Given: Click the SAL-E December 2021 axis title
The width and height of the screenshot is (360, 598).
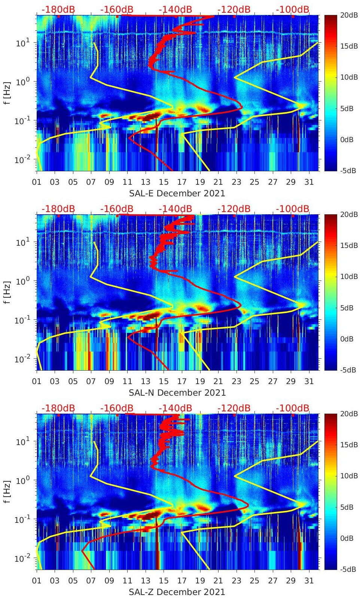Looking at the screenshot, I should (x=177, y=193).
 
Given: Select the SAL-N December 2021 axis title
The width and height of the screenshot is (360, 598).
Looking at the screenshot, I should (x=177, y=393).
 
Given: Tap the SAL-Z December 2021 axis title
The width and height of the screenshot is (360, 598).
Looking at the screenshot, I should (x=177, y=592).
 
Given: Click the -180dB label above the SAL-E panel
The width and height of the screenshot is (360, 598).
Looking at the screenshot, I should (x=58, y=9).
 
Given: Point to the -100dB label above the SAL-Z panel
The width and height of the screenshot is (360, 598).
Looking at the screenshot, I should (x=293, y=408).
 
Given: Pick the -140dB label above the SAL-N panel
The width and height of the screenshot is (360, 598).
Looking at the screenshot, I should (x=175, y=209).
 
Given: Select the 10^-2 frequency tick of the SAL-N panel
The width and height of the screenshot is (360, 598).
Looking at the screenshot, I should (x=22, y=359).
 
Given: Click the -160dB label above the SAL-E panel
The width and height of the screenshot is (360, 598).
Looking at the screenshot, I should (x=117, y=9).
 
